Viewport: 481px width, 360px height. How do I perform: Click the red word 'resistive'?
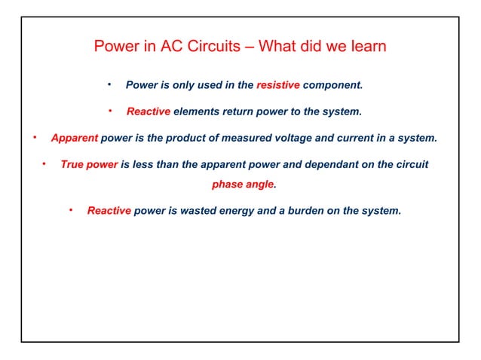pos(278,85)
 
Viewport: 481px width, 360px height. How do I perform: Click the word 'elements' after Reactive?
pos(197,112)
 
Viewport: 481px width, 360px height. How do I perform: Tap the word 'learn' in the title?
pos(368,46)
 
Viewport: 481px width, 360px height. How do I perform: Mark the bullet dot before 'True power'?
pos(44,163)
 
